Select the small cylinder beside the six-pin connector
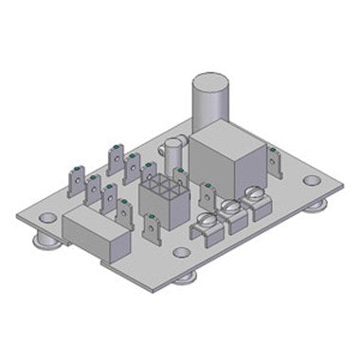click(x=172, y=156)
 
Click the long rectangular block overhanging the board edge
click(x=95, y=233)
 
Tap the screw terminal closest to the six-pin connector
click(x=207, y=225)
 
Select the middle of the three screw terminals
click(x=231, y=212)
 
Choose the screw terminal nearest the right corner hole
click(x=254, y=199)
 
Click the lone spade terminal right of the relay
click(x=274, y=163)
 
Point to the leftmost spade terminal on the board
click(x=75, y=179)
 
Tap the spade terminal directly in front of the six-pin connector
click(x=152, y=227)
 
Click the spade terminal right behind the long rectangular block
click(x=124, y=213)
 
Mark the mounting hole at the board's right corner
click(x=312, y=180)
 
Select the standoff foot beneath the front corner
click(x=189, y=277)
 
